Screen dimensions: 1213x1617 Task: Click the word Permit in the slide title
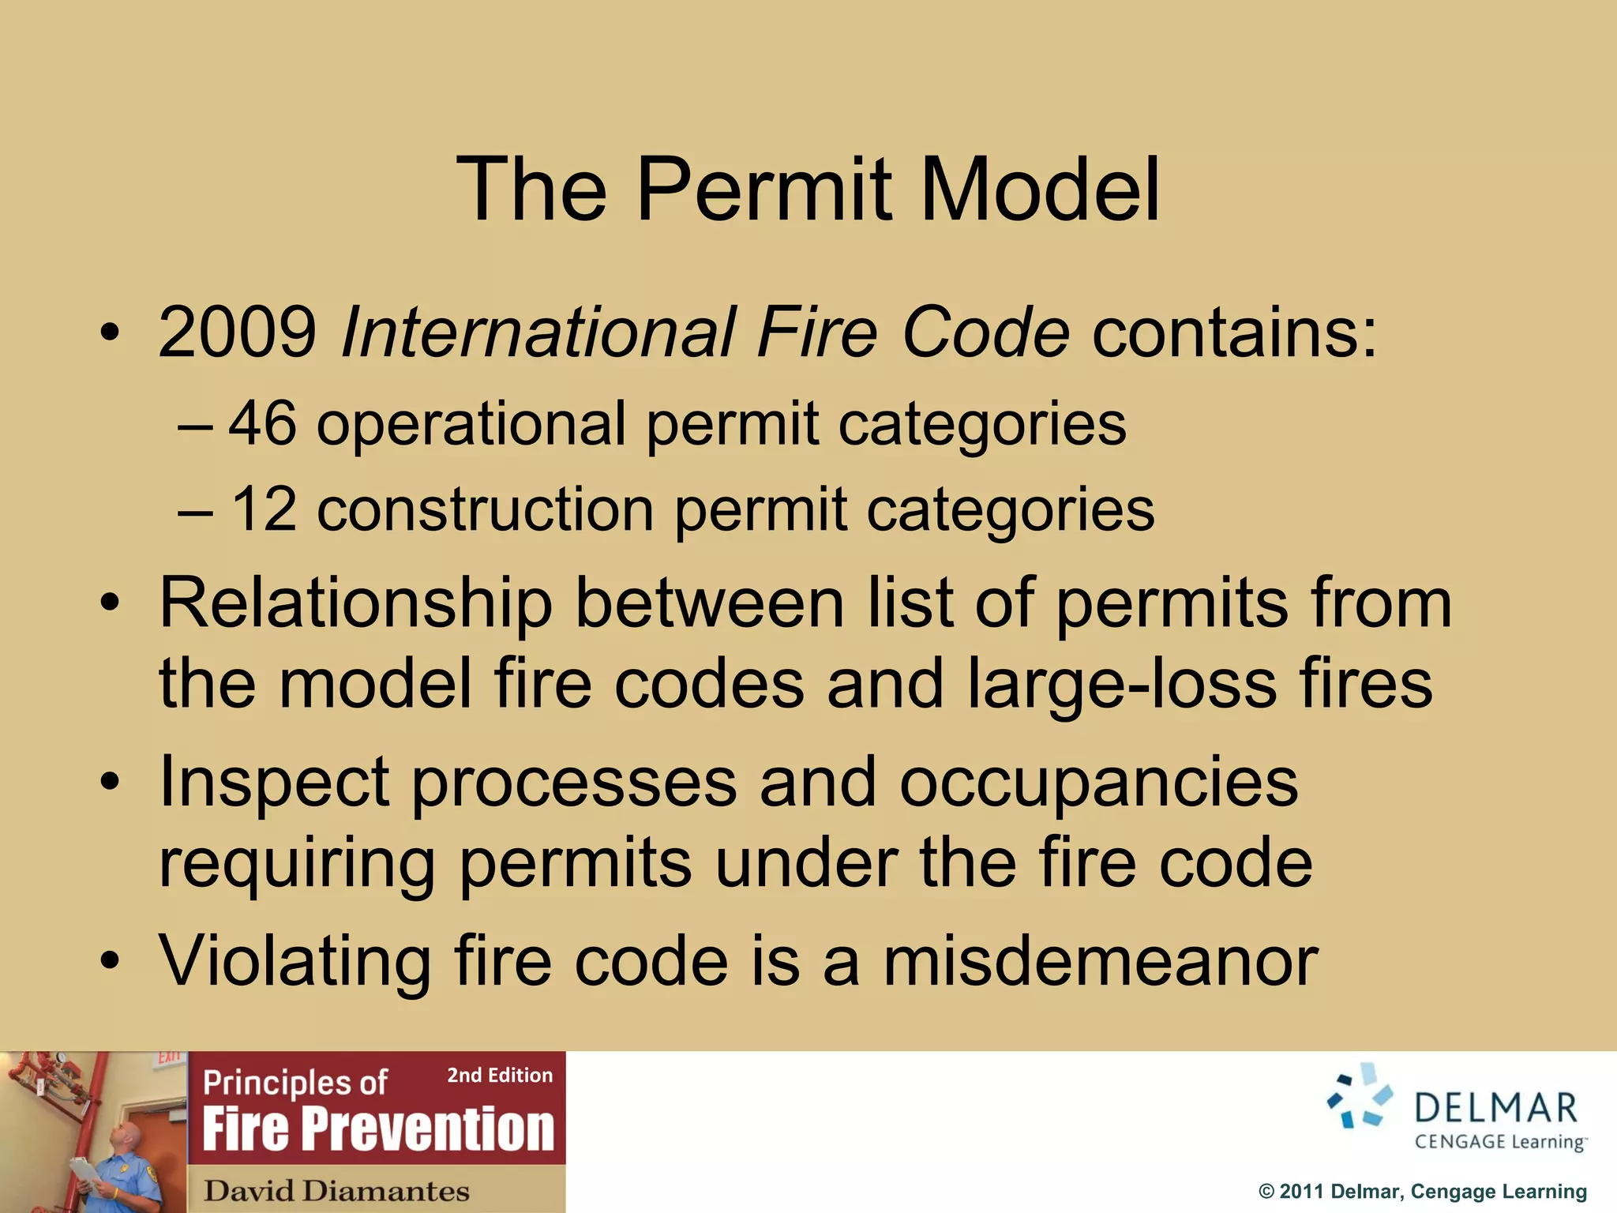[764, 190]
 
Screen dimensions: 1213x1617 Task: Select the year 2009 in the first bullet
[237, 332]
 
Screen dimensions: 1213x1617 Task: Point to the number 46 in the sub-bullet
[262, 424]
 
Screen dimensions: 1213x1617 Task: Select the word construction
[485, 510]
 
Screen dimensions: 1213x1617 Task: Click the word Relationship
[355, 603]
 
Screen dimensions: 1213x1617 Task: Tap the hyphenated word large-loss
[1121, 684]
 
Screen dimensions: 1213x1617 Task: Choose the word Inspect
[274, 783]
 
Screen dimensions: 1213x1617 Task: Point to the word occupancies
[1098, 783]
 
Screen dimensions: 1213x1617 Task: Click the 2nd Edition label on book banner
[500, 1075]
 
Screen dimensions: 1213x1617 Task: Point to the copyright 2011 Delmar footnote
[1422, 1192]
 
